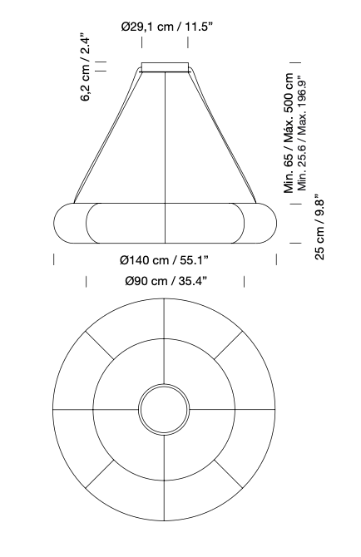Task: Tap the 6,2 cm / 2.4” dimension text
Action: click(x=87, y=67)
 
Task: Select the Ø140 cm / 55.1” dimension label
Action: click(x=164, y=260)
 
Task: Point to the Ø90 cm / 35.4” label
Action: click(x=166, y=281)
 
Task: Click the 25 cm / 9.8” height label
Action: click(x=319, y=227)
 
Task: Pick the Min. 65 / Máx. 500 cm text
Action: click(x=289, y=133)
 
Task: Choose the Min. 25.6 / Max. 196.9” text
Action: click(x=302, y=133)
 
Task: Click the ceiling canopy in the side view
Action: click(x=165, y=67)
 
